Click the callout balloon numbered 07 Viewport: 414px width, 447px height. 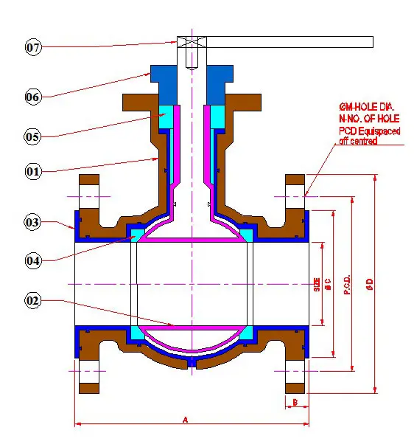pyautogui.click(x=32, y=47)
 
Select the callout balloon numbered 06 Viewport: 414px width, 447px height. pyautogui.click(x=32, y=96)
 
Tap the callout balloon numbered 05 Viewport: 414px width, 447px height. pyautogui.click(x=32, y=136)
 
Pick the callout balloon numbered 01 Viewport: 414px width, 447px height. pyautogui.click(x=32, y=172)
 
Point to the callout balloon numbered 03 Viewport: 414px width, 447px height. pyautogui.click(x=32, y=222)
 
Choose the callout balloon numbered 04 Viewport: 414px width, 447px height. pyautogui.click(x=32, y=260)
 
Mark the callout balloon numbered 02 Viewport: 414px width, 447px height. pyautogui.click(x=32, y=301)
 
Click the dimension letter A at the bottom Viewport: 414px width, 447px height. pyautogui.click(x=186, y=419)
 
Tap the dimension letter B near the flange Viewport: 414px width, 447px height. pyautogui.click(x=295, y=402)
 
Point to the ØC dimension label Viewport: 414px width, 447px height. pyautogui.click(x=328, y=284)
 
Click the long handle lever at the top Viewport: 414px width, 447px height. pyautogui.click(x=287, y=41)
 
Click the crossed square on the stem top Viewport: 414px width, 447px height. pyautogui.click(x=191, y=41)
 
